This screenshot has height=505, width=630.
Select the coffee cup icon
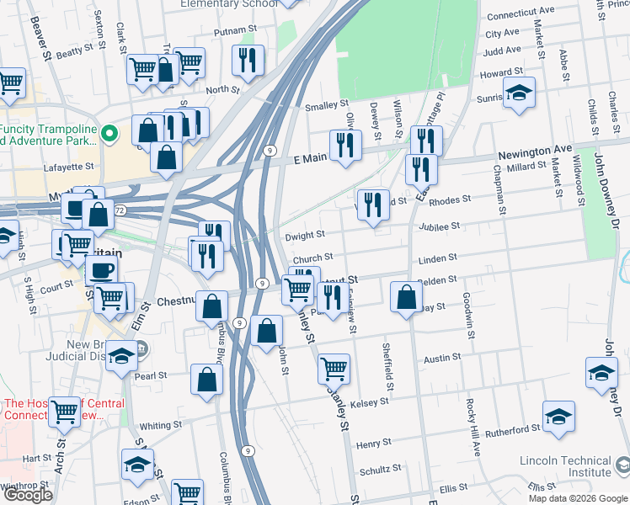coord(101,271)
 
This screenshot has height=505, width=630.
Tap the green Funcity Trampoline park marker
coord(108,133)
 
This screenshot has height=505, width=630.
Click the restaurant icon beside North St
coord(248,60)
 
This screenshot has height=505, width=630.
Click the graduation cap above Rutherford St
coord(558,417)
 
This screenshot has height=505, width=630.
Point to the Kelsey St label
coord(370,402)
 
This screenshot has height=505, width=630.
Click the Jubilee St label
coord(443,226)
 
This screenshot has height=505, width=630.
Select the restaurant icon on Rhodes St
coord(372,205)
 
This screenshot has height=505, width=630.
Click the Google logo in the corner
coord(27,495)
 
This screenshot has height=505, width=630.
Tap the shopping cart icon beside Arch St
coord(65,412)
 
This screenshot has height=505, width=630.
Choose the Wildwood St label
coord(579,179)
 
